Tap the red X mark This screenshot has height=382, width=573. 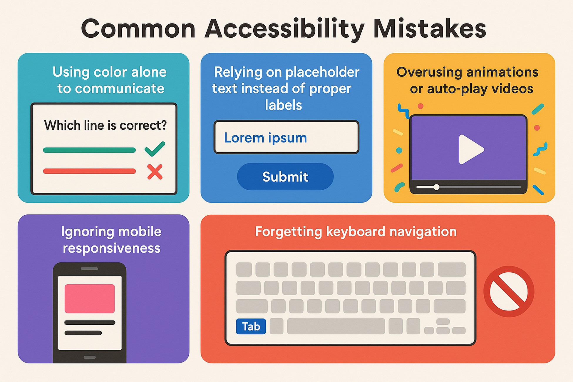[155, 172]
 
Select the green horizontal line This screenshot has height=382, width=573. [89, 150]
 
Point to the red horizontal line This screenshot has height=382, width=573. [89, 171]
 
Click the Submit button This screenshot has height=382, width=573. [285, 177]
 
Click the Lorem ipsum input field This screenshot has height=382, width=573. [286, 137]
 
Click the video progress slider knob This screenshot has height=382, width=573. [437, 187]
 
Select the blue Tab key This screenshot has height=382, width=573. [251, 326]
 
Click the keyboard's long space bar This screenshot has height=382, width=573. [336, 326]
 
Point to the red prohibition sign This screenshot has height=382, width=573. [509, 291]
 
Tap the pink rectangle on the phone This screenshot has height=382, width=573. [90, 298]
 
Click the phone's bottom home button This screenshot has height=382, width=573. [90, 357]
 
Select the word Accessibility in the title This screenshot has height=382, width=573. [284, 29]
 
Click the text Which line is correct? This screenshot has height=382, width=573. [105, 126]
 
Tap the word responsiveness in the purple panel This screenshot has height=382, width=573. [111, 248]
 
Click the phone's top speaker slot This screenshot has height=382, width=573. [89, 268]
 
